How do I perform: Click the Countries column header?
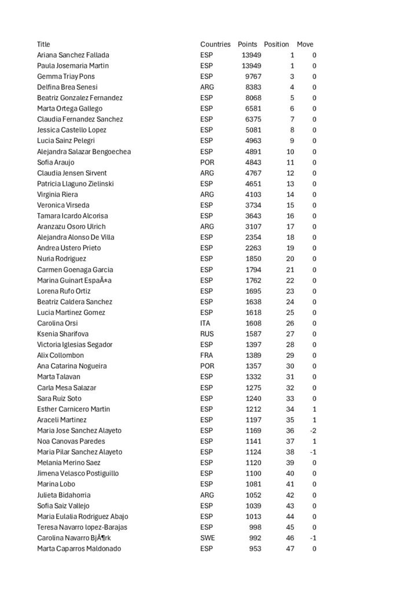pos(215,44)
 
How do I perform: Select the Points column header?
pos(247,44)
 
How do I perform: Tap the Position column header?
pos(276,44)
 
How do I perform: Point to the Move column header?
pos(305,44)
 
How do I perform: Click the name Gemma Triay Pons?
pos(66,76)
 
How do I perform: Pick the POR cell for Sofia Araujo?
pos(207,162)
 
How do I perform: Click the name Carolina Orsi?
pos(57,323)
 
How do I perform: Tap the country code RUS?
pos(207,334)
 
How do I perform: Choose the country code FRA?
pos(207,356)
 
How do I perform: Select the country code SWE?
pos(207,538)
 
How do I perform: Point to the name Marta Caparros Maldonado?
pos(79,548)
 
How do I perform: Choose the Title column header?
pos(43,44)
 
